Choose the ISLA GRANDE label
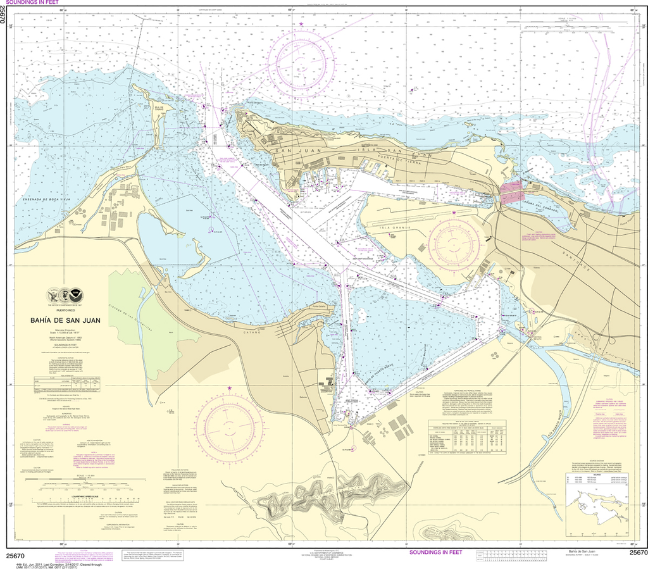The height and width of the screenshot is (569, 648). (x=392, y=224)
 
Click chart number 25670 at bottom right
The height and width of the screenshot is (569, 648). (x=637, y=553)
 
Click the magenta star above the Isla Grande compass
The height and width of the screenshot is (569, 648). (x=454, y=213)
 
